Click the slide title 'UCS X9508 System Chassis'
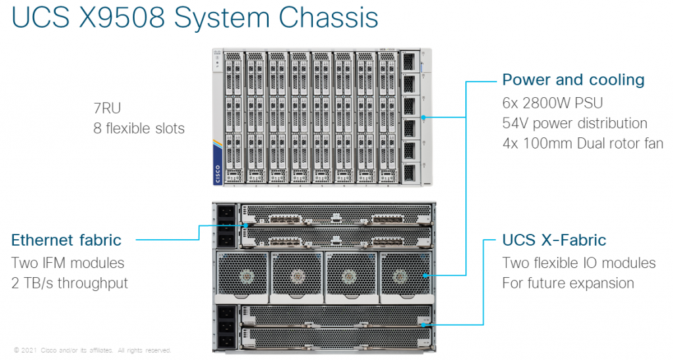click(195, 18)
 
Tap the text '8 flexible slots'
click(139, 127)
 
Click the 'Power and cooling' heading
click(573, 80)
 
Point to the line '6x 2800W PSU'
click(552, 103)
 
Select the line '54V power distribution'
click(574, 124)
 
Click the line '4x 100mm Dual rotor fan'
click(582, 144)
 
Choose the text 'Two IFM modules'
click(68, 263)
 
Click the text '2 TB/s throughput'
click(70, 283)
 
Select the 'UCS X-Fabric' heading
click(554, 240)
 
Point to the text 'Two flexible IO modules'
click(579, 263)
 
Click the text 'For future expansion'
click(568, 283)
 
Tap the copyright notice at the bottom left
click(92, 350)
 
